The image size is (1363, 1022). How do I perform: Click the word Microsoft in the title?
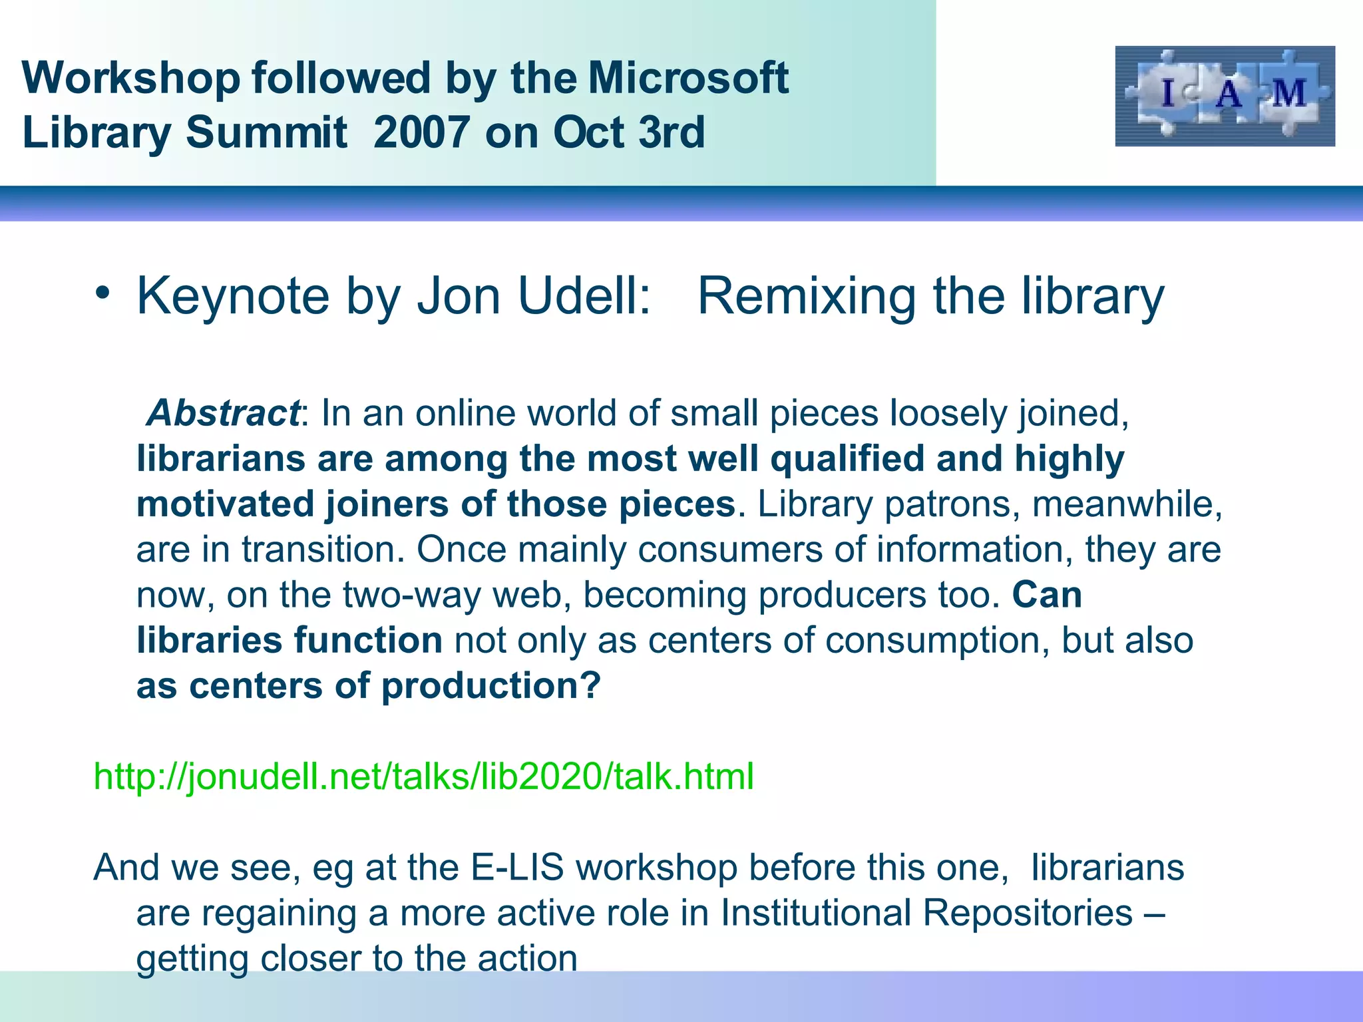(x=688, y=78)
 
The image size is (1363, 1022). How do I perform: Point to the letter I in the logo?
(x=1167, y=93)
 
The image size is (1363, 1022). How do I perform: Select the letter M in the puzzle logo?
(x=1289, y=92)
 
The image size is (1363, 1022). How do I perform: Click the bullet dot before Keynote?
(x=101, y=293)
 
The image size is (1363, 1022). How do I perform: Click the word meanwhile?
(x=1126, y=504)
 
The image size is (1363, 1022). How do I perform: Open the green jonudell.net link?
(x=424, y=776)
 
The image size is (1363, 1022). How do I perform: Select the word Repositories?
(x=1027, y=912)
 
